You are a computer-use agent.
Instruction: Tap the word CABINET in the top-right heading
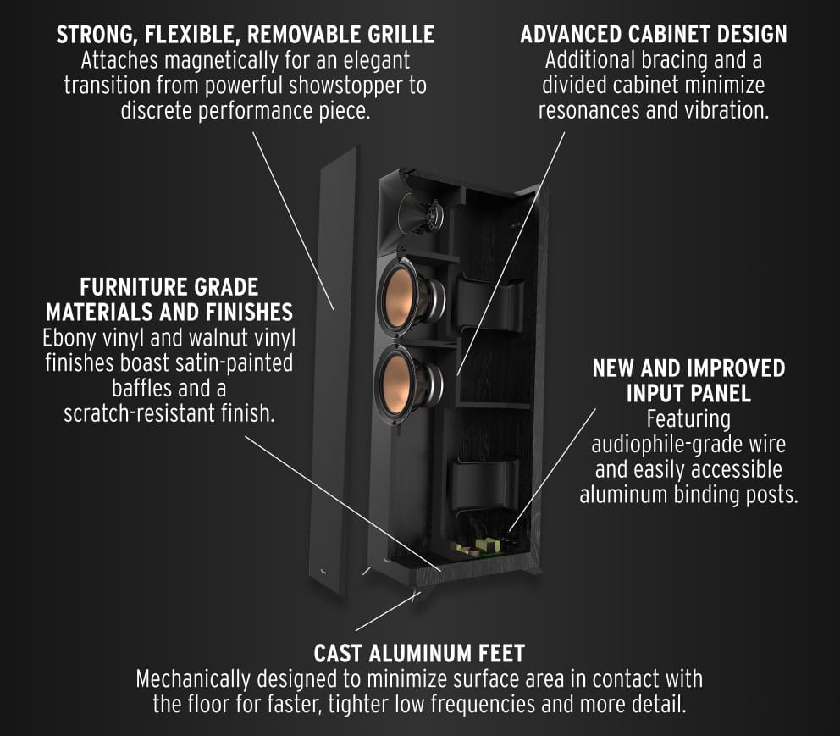670,35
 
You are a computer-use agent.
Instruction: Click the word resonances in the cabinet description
586,111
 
